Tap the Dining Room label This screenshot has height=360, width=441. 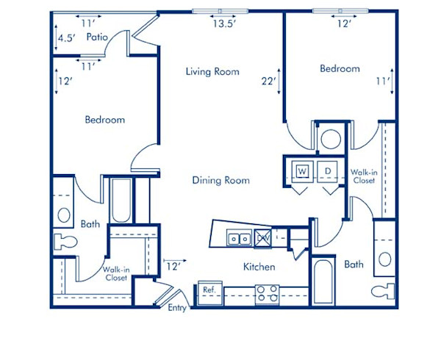220,180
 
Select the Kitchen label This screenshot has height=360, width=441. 259,267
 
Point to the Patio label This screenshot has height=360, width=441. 98,37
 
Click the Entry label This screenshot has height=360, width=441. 178,307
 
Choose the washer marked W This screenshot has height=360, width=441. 302,170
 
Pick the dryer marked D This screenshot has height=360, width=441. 327,170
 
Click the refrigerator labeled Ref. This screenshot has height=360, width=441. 208,290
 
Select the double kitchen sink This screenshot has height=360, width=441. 238,238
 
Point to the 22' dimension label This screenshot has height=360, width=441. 269,82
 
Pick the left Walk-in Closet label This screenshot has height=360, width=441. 115,273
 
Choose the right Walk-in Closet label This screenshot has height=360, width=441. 364,175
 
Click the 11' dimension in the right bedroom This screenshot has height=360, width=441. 383,82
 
